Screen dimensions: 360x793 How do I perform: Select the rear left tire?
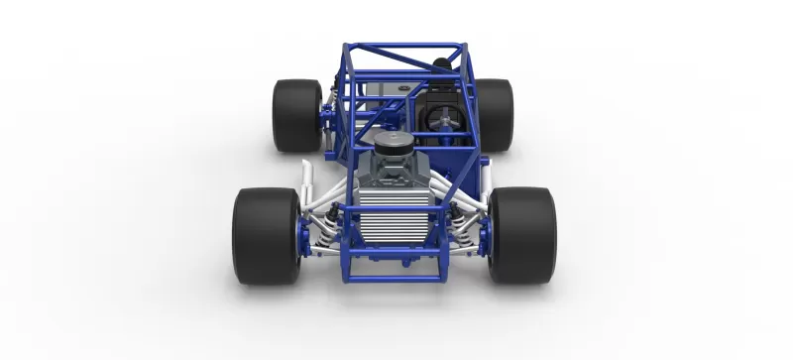pos(296,115)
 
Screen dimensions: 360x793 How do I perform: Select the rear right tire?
pos(494,115)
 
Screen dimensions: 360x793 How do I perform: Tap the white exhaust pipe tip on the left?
pos(309,179)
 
